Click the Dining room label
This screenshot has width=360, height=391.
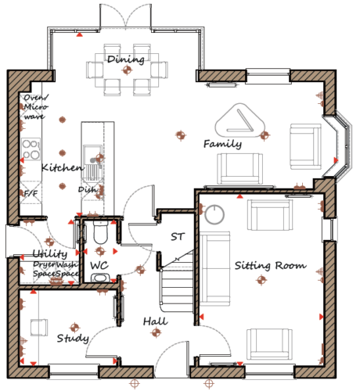coord(126,59)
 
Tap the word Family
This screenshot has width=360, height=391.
coord(222,144)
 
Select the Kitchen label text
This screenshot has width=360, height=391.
coord(63,167)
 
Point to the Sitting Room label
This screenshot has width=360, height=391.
coord(271,266)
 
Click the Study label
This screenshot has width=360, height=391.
coord(73,339)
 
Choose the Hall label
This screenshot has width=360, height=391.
coord(156,321)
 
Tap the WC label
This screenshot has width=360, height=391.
coord(99,266)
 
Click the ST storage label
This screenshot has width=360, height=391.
coord(178,237)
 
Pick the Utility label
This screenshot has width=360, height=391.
coord(50,253)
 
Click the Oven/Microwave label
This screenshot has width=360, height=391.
coord(36,107)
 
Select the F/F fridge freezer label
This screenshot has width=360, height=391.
coord(31,193)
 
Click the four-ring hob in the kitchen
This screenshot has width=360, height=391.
coord(31,149)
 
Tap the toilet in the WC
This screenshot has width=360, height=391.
coord(100,233)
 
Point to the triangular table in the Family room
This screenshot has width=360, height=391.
coord(239,120)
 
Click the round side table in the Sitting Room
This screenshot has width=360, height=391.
coord(214,215)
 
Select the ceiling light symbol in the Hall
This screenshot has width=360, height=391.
coord(156,332)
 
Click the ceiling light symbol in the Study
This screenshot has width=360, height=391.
coord(74,328)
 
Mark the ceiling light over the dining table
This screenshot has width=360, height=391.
coord(128,70)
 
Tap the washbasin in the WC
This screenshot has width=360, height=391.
coord(99,278)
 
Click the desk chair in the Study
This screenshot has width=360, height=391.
coord(39,328)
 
